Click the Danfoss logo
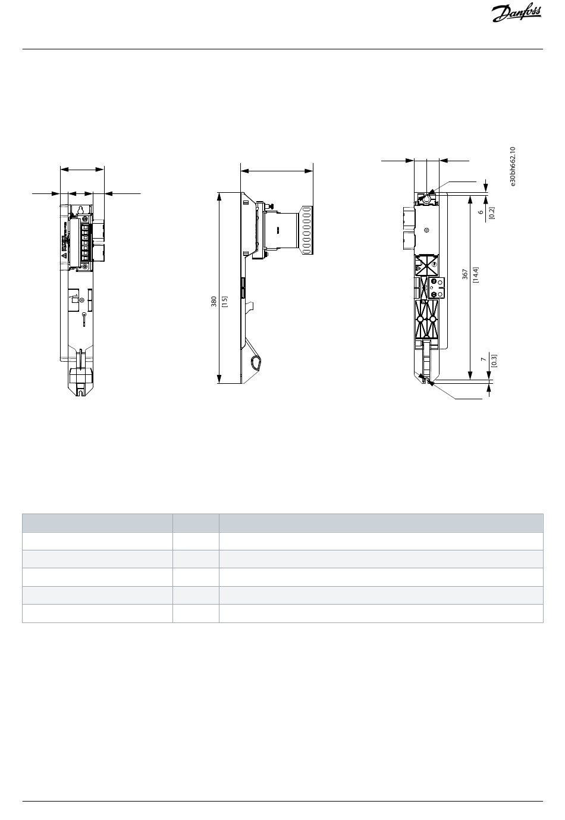point(516,14)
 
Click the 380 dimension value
point(214,302)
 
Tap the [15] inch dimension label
point(225,302)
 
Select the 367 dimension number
point(464,274)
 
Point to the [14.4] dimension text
point(476,274)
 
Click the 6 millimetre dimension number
point(481,212)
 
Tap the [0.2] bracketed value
point(492,212)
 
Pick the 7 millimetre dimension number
point(484,360)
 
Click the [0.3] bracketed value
point(494,361)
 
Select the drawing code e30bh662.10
point(513,167)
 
